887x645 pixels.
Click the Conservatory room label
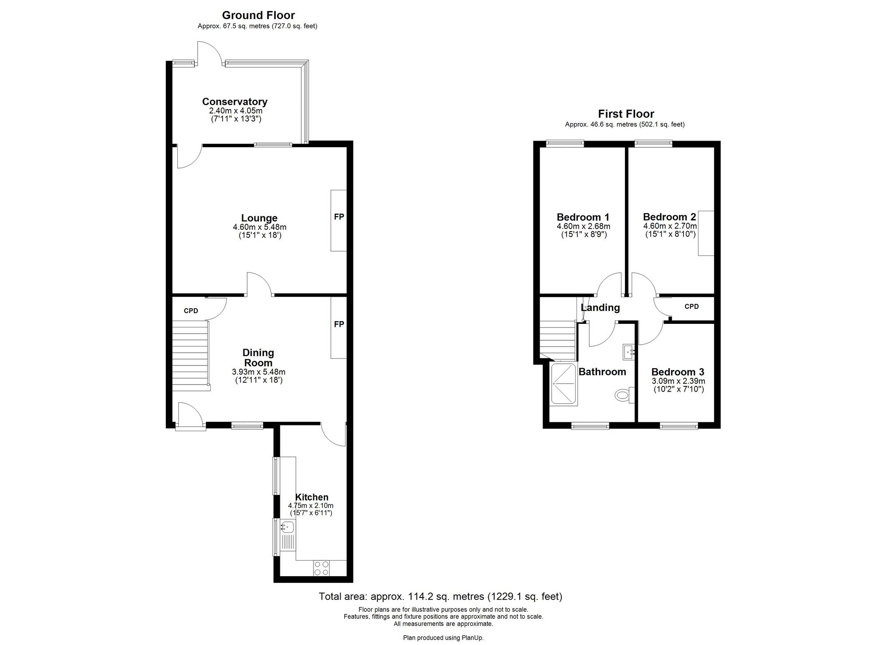click(235, 102)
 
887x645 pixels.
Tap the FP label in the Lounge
click(339, 217)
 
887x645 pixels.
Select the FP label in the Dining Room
click(339, 324)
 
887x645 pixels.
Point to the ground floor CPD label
click(191, 311)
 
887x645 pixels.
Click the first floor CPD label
click(691, 307)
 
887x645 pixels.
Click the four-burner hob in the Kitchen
click(322, 568)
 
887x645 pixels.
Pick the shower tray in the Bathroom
click(564, 383)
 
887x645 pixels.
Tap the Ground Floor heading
click(258, 16)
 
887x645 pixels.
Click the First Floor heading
click(626, 114)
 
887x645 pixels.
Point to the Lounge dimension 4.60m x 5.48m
click(259, 227)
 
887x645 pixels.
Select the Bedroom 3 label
click(678, 372)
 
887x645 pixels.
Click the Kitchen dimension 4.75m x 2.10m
click(311, 505)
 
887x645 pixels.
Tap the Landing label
click(600, 307)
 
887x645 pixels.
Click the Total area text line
click(440, 597)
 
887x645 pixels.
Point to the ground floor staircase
click(191, 356)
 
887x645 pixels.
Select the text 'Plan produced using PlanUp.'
click(443, 638)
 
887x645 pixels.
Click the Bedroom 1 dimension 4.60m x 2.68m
click(583, 226)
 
